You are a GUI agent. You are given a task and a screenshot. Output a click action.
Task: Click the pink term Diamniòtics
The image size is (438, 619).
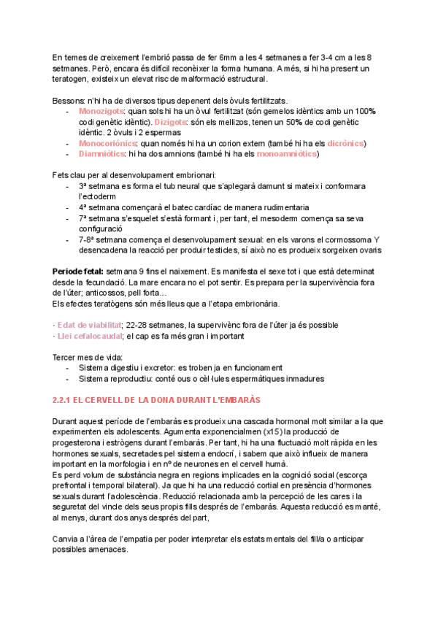101,154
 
